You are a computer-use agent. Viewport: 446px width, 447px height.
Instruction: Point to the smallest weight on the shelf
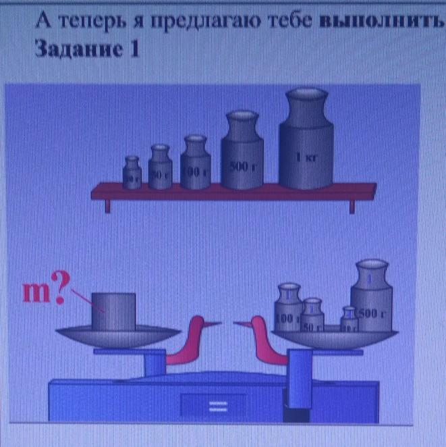(132, 173)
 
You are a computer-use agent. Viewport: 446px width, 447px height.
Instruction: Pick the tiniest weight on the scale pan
(348, 321)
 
